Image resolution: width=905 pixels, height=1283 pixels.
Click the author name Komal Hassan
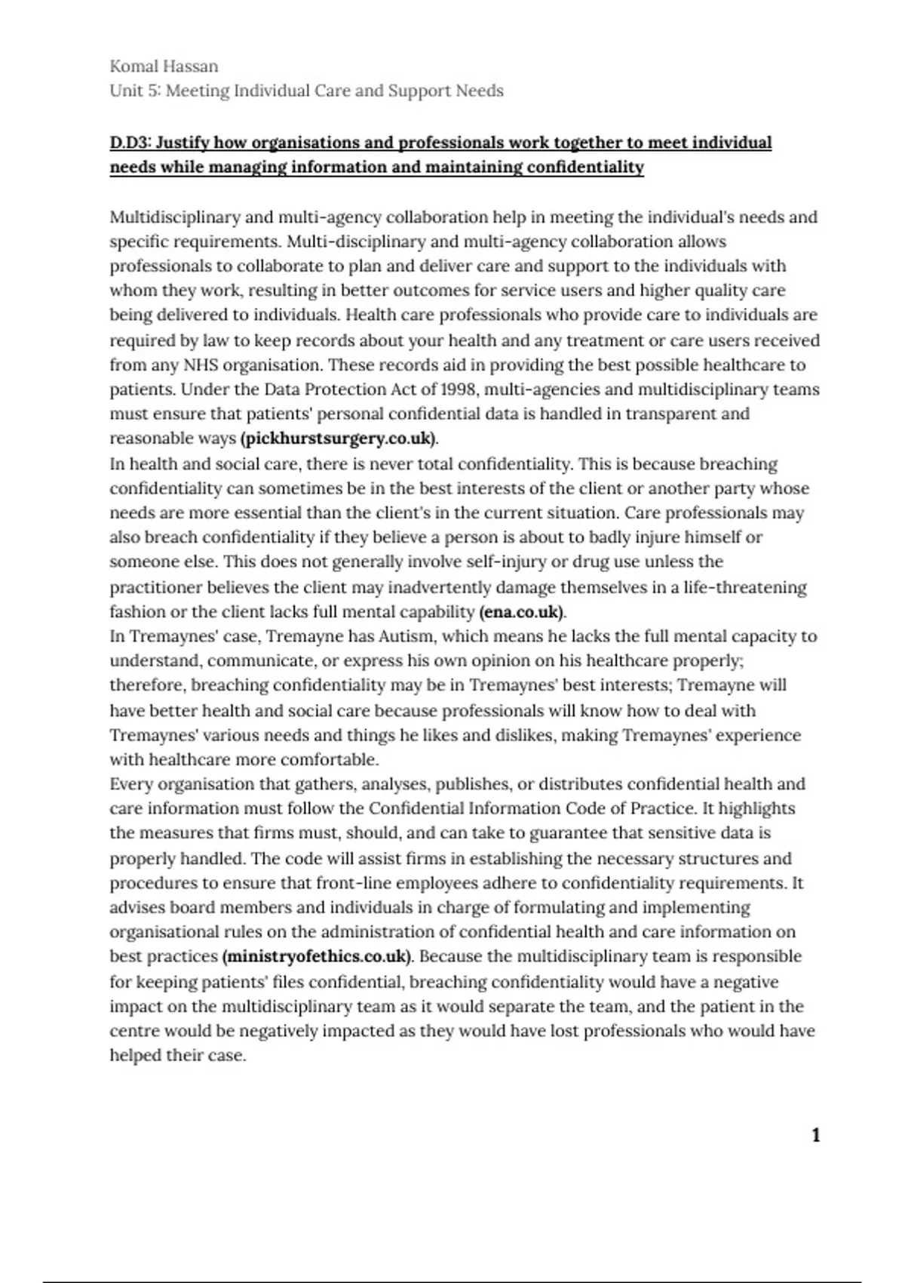(x=164, y=66)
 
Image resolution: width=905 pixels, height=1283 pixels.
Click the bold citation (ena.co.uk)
(x=522, y=612)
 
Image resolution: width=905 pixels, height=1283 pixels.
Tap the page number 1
(x=815, y=1135)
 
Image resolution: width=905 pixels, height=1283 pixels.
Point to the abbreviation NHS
(x=201, y=365)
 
